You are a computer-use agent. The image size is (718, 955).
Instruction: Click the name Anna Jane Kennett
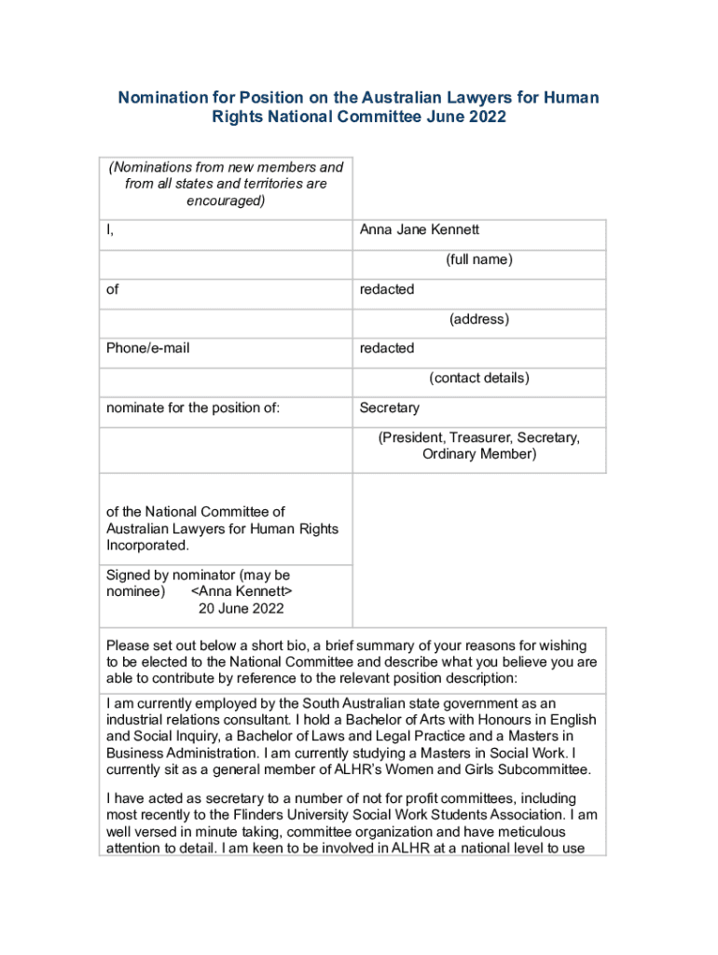(x=419, y=229)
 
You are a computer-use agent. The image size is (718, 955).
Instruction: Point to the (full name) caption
(x=478, y=259)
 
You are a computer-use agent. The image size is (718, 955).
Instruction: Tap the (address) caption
(x=478, y=319)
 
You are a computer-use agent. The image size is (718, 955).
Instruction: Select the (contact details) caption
(x=478, y=378)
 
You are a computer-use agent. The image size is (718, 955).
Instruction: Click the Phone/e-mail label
(x=147, y=348)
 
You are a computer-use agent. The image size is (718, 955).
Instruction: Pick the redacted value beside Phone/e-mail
(x=387, y=348)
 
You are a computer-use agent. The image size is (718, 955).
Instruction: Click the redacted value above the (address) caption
(x=387, y=289)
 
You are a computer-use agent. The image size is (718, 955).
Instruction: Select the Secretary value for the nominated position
(x=390, y=408)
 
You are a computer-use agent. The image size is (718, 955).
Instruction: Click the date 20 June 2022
(x=241, y=609)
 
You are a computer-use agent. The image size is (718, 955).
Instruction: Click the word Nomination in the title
(x=161, y=98)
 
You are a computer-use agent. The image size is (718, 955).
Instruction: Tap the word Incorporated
(x=146, y=546)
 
